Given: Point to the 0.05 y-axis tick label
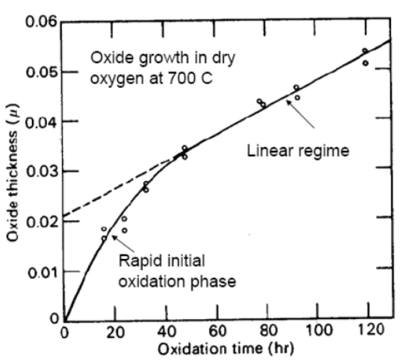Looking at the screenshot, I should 39,72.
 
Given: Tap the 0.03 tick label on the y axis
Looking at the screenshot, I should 39,171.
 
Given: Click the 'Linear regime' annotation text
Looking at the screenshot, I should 299,151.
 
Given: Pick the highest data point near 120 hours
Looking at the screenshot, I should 365,51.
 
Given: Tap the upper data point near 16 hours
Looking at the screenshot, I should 104,229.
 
